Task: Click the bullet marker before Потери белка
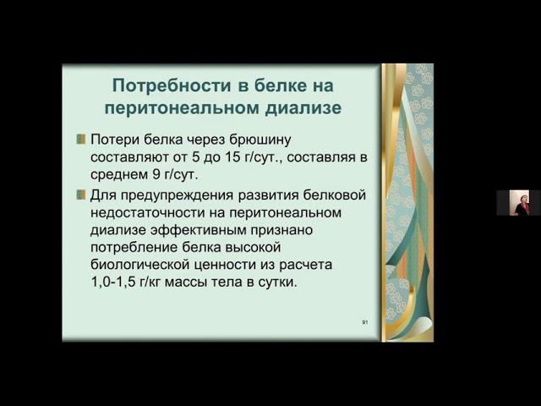pyautogui.click(x=80, y=139)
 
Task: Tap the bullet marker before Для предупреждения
pyautogui.click(x=80, y=195)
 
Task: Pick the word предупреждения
pyautogui.click(x=173, y=195)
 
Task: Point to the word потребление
pyautogui.click(x=133, y=248)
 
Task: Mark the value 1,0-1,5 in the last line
pyautogui.click(x=117, y=283)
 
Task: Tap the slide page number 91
pyautogui.click(x=364, y=323)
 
